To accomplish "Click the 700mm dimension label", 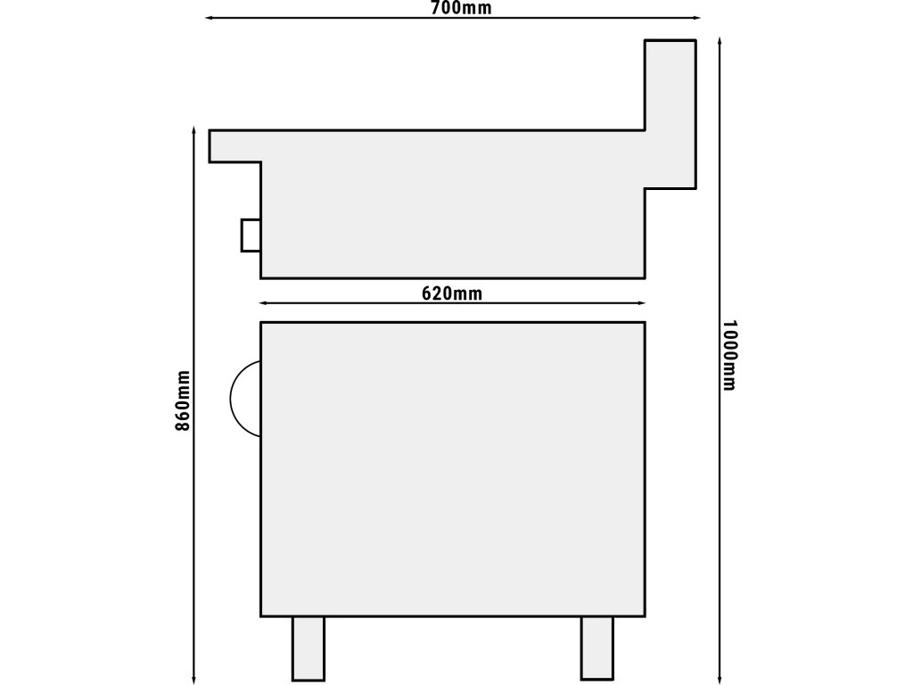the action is (461, 7).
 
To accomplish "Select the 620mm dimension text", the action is (452, 293).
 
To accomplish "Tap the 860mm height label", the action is (183, 400).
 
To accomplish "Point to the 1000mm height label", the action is (729, 355).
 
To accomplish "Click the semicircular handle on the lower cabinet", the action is (231, 399).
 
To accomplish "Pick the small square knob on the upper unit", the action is (251, 235).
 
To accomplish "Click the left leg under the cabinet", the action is (308, 648).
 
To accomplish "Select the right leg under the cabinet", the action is (596, 648).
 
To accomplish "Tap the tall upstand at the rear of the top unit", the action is (670, 114).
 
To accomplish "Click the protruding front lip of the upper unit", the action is (234, 145).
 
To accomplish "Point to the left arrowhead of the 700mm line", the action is (209, 18).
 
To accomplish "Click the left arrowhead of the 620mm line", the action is (263, 303).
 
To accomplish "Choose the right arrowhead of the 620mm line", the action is (642, 303).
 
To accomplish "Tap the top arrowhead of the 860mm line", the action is (193, 129).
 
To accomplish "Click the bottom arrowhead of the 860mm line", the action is (193, 681).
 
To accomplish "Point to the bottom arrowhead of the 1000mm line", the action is (720, 681).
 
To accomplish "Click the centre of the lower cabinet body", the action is (453, 469).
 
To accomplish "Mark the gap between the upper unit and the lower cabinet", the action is (453, 300).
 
